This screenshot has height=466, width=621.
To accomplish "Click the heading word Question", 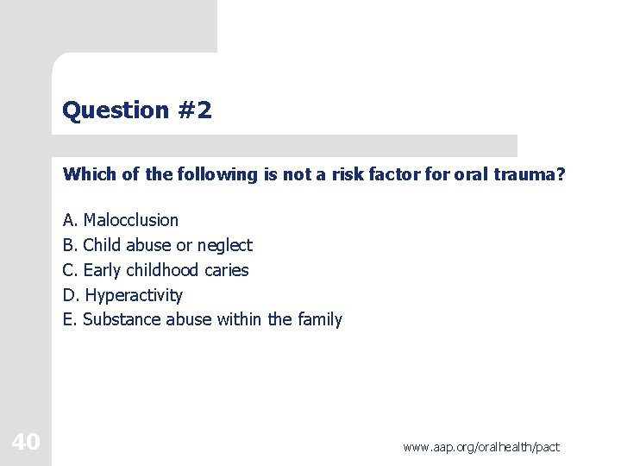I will click(x=116, y=110).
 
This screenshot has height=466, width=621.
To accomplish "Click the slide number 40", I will click(x=26, y=443).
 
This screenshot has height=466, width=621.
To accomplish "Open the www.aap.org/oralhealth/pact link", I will click(x=480, y=446).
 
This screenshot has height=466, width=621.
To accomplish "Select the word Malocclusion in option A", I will click(x=130, y=220).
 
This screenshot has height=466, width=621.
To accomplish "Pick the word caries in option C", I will click(x=226, y=270).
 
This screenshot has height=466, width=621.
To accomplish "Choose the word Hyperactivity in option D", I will click(x=134, y=295).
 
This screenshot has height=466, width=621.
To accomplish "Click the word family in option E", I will click(x=319, y=320).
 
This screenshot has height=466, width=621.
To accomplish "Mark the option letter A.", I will click(x=69, y=220).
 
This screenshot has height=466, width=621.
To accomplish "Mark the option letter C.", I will click(x=69, y=270).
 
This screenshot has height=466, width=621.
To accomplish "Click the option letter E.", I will click(x=69, y=320).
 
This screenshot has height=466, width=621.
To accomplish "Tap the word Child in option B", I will click(x=102, y=245).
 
